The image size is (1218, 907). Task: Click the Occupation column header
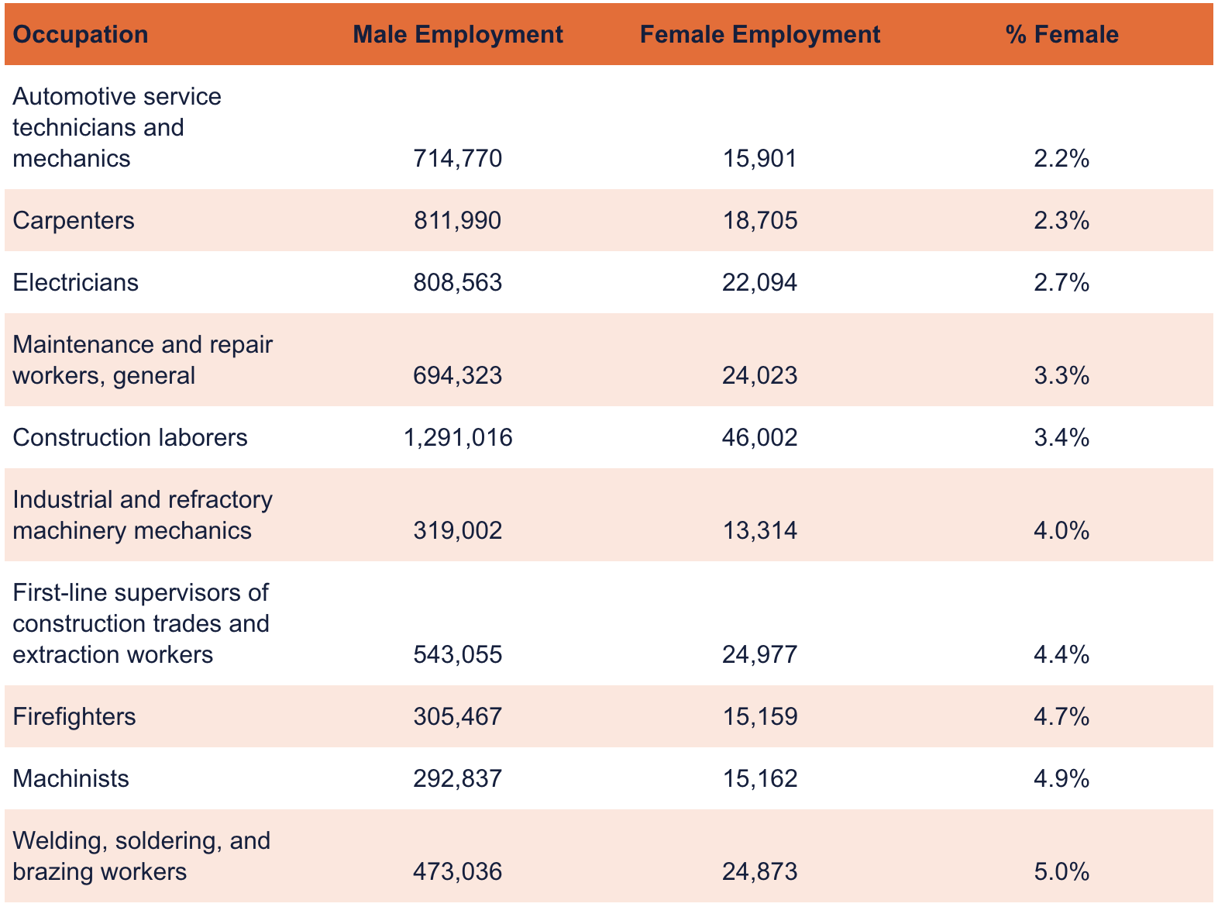pos(81,35)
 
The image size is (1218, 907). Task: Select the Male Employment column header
pos(457,35)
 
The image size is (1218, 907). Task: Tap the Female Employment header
pos(759,35)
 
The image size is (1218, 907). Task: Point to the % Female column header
pos(1061,35)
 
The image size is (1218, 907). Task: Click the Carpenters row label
pos(74,221)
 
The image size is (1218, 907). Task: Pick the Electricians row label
pos(76,283)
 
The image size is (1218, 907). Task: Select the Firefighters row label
pos(74,717)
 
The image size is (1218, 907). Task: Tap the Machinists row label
pos(71,779)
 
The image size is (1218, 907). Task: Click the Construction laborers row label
pos(130,438)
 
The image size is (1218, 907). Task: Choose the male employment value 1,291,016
pos(458,438)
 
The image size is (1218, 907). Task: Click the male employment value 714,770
pos(458,159)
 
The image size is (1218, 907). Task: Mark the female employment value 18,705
pos(759,221)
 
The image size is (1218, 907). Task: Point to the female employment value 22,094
pos(759,283)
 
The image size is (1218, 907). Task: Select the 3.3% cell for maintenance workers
pos(1061,376)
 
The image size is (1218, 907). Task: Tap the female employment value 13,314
pos(759,531)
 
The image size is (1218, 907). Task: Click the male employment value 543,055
pos(458,655)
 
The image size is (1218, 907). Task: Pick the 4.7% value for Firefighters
pos(1061,717)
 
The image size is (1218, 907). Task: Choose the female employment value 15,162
pos(759,779)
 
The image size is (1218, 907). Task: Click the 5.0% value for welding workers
pos(1061,872)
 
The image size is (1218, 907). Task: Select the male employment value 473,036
pos(458,872)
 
